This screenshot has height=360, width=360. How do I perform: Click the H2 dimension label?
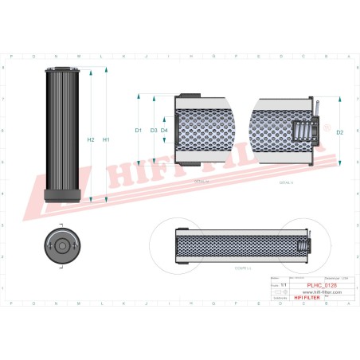click(x=91, y=140)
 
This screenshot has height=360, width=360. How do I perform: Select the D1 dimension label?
click(x=138, y=130)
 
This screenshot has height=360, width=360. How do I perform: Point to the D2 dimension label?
click(x=340, y=131)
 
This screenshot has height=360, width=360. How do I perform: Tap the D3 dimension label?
click(x=153, y=130)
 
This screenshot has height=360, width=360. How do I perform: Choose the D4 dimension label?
click(x=164, y=130)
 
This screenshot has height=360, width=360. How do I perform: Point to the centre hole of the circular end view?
click(x=61, y=245)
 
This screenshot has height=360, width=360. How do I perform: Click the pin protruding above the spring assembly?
click(x=317, y=108)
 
